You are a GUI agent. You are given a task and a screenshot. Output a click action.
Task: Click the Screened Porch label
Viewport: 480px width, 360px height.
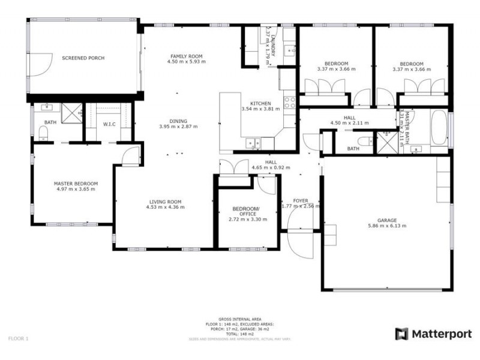point(83,58)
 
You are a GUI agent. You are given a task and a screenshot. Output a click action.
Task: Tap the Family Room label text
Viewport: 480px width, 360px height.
point(186,55)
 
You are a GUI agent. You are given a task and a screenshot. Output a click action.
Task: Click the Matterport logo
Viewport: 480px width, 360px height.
point(433,334)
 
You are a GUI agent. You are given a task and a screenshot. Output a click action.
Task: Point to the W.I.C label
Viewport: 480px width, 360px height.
point(109,124)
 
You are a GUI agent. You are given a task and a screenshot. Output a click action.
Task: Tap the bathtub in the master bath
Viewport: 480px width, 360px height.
point(439,128)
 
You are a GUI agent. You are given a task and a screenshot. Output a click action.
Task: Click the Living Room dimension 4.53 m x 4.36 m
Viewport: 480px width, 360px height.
point(165,207)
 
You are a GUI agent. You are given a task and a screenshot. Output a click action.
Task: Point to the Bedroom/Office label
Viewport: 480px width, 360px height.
point(244,211)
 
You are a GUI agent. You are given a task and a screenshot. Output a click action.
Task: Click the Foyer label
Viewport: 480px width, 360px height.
point(300,200)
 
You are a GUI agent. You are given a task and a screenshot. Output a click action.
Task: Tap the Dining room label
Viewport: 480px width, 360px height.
point(178,121)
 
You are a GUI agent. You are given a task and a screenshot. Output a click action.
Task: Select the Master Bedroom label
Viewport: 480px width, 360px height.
point(76,184)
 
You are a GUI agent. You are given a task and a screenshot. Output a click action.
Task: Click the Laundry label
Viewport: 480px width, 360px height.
point(273,45)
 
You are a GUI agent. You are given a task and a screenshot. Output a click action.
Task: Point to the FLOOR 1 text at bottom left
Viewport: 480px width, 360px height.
point(19,338)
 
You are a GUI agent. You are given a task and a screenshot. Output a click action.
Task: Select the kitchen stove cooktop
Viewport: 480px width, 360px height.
point(290,101)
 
